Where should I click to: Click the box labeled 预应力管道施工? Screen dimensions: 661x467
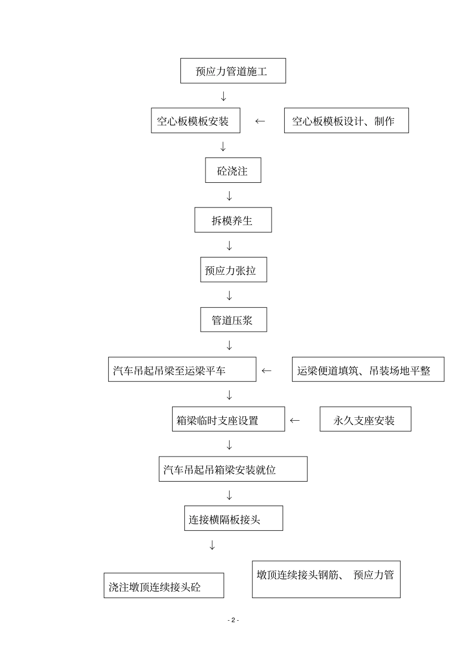click(x=233, y=71)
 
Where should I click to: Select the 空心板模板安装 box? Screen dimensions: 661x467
click(x=195, y=120)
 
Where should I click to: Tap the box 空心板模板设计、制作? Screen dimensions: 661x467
click(x=346, y=120)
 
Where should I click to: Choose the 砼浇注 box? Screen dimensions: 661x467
click(x=233, y=171)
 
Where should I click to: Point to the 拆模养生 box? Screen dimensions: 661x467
click(x=233, y=220)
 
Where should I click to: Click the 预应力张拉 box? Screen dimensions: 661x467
click(x=233, y=270)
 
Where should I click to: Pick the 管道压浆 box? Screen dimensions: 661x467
click(x=233, y=320)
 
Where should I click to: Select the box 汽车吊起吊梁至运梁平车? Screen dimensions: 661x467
click(x=182, y=370)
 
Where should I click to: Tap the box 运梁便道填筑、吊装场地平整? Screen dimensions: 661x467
click(x=368, y=370)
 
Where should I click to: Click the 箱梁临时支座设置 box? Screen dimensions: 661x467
click(x=228, y=419)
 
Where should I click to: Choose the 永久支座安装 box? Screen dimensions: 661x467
click(x=365, y=419)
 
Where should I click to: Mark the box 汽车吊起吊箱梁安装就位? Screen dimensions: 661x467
click(x=233, y=469)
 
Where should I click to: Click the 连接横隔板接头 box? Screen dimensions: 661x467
click(x=233, y=518)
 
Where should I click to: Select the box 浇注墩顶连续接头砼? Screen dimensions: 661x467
click(x=164, y=585)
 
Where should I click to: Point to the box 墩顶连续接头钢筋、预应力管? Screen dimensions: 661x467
click(x=326, y=579)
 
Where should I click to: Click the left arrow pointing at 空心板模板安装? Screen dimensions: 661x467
click(x=260, y=121)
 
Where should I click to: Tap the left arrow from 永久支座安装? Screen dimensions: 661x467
click(x=295, y=420)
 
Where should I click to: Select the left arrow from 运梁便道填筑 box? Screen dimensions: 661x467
click(x=266, y=371)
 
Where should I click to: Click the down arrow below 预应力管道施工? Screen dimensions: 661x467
click(x=224, y=96)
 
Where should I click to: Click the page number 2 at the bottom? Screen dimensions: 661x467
click(x=233, y=620)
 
